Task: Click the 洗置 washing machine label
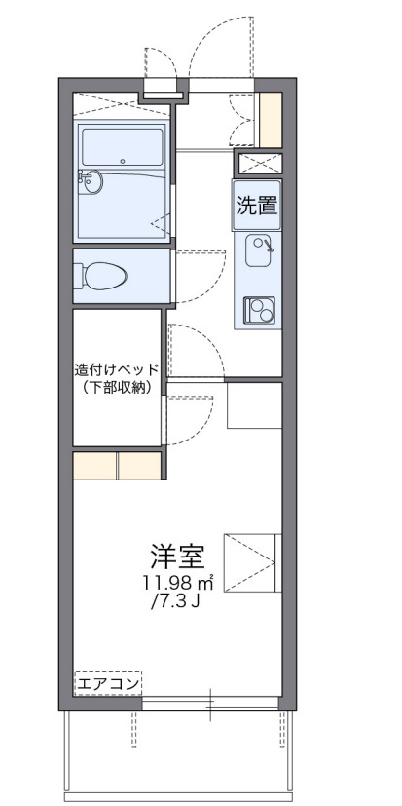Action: (257, 206)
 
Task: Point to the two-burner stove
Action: (260, 309)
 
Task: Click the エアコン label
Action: (109, 685)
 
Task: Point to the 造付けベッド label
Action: (117, 370)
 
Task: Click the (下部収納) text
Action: (117, 388)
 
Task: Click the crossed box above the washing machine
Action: (259, 163)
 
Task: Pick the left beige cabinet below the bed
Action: (95, 466)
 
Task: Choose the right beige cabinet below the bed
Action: (139, 466)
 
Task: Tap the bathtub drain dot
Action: (123, 161)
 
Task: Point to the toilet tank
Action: (79, 277)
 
